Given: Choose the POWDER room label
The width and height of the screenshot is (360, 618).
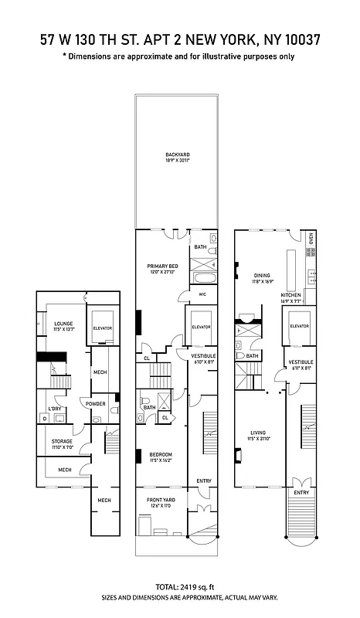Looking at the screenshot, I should (96, 403).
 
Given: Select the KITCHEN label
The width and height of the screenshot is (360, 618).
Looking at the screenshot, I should (290, 294).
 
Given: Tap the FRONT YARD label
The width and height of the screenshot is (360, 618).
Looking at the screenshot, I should (163, 501).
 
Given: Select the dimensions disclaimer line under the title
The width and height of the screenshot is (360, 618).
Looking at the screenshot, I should (179, 56).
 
